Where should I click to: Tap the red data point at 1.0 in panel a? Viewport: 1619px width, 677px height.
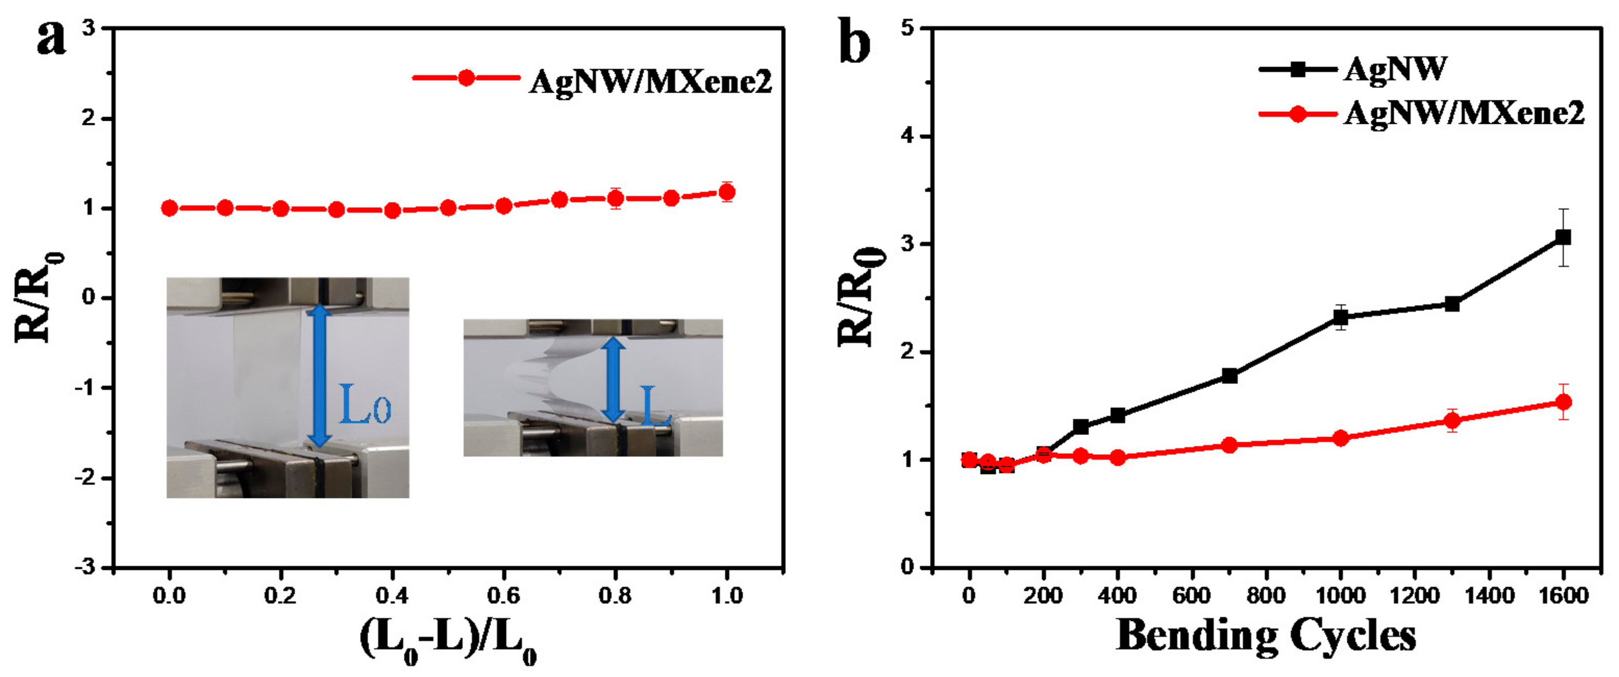click(727, 192)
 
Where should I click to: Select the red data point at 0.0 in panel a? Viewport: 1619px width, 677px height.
click(169, 208)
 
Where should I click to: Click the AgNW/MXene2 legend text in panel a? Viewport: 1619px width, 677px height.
click(650, 82)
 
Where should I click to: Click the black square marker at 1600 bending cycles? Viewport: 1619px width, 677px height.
click(1563, 237)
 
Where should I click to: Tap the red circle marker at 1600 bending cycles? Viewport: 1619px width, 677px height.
click(1563, 402)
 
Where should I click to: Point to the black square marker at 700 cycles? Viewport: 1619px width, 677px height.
click(1229, 376)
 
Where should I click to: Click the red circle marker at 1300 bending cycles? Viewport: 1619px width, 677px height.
click(1452, 420)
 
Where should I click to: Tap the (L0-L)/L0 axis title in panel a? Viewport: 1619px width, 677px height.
click(448, 638)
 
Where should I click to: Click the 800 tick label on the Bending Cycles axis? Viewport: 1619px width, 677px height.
click(1266, 595)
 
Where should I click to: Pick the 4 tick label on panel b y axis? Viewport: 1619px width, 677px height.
click(907, 136)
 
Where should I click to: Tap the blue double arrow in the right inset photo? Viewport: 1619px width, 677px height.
click(613, 379)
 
